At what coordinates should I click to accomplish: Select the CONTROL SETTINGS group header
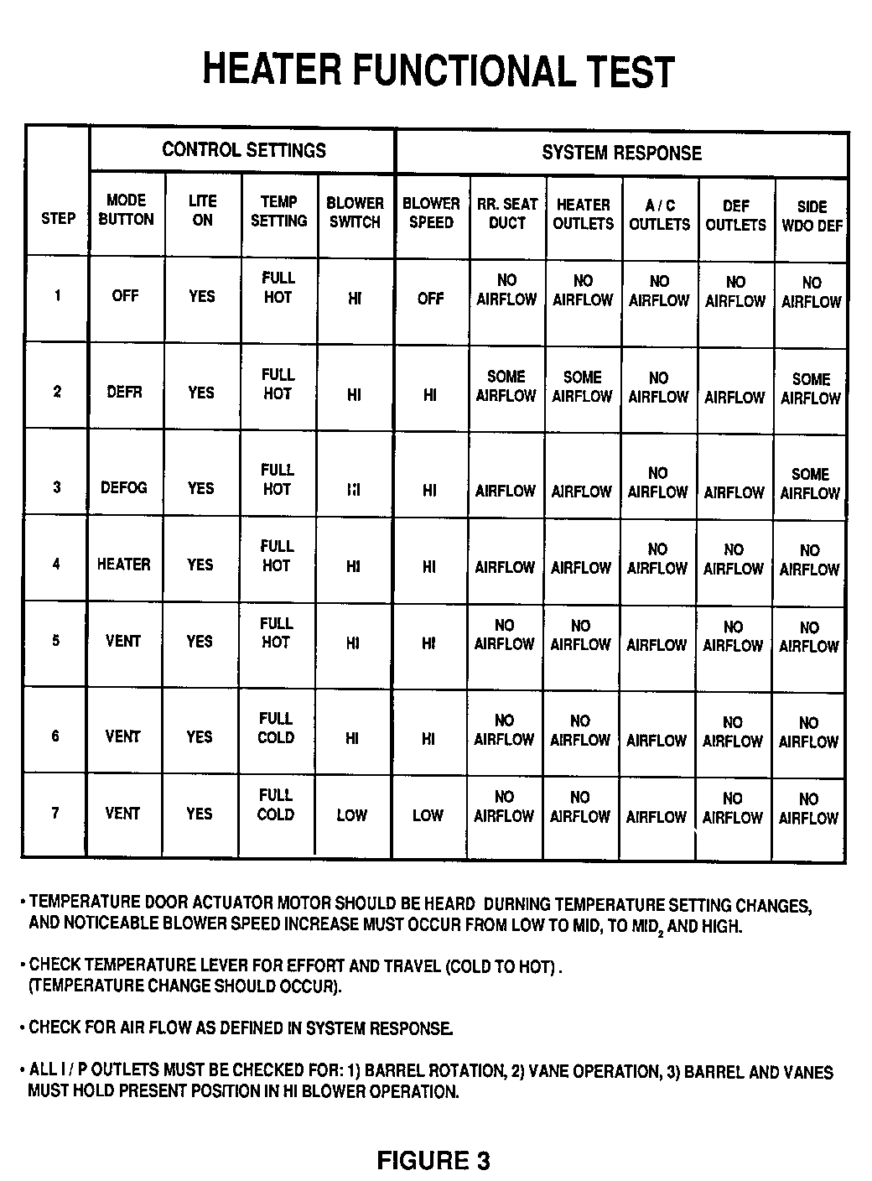243,150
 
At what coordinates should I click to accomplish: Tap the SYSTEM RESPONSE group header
621,153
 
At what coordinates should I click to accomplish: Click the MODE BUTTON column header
126,210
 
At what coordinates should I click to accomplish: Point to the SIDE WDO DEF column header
812,216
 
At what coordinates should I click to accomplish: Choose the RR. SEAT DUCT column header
507,213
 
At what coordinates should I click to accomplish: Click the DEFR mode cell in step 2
124,392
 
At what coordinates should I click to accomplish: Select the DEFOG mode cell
123,487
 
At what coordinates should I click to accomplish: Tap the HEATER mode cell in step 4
123,564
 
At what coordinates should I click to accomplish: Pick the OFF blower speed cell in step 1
430,298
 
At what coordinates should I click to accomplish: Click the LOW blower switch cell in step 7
352,814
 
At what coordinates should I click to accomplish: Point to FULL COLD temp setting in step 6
276,728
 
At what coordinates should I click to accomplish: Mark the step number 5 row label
56,641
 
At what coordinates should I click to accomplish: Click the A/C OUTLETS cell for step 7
657,816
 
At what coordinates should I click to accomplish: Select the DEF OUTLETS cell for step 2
734,398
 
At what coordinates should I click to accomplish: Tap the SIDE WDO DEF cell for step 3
810,484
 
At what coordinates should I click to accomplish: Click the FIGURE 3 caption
433,1160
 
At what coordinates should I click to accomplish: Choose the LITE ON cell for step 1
201,296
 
